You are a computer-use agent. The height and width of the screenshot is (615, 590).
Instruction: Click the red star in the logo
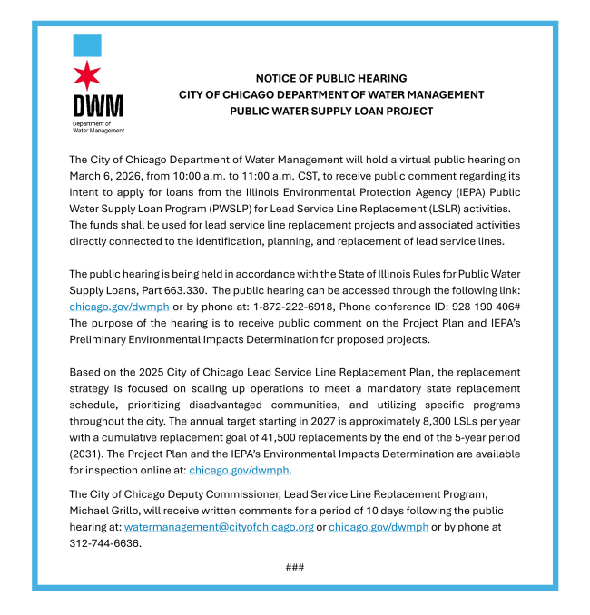(86, 74)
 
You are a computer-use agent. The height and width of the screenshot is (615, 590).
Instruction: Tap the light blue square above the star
(86, 45)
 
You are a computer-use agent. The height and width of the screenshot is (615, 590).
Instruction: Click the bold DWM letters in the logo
(97, 105)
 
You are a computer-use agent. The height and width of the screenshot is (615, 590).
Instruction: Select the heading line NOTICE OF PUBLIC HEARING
(331, 79)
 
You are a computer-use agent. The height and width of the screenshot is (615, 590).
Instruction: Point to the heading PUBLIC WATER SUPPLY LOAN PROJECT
(331, 111)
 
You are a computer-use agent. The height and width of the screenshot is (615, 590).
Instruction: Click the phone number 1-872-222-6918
(294, 307)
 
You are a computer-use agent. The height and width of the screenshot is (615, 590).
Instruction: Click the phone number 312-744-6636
(105, 543)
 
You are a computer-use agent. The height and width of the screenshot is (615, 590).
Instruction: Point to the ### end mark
(294, 567)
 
